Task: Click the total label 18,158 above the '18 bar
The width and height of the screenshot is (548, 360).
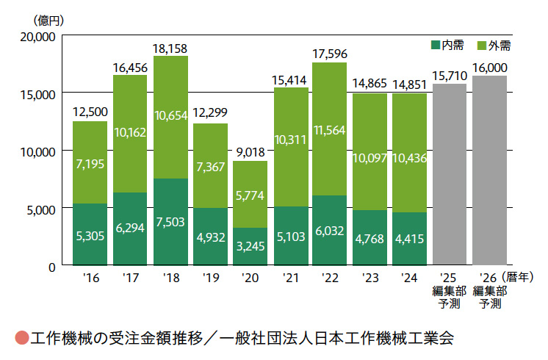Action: (x=170, y=49)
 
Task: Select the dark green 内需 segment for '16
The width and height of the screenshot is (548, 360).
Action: (x=90, y=235)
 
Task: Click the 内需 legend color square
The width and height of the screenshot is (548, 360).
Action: (x=435, y=46)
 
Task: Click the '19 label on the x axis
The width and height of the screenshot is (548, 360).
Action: (x=210, y=278)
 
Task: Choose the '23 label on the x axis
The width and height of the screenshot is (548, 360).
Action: (x=369, y=278)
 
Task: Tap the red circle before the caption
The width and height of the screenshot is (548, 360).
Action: (x=21, y=338)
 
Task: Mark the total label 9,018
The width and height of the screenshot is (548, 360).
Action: (x=250, y=153)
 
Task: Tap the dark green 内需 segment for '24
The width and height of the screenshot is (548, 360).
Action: (x=409, y=239)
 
